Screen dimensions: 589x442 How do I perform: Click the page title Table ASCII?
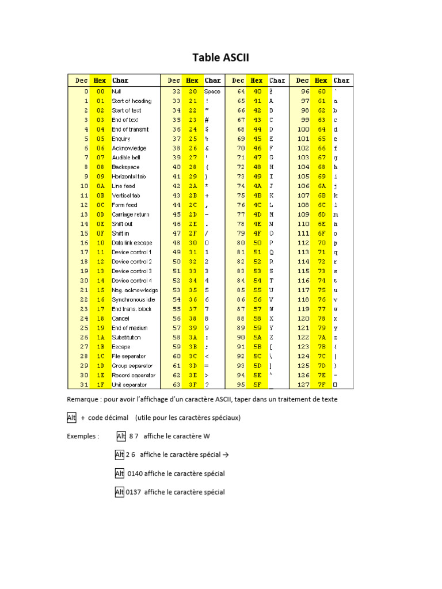pyautogui.click(x=220, y=58)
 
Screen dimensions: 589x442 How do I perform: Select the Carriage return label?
pyautogui.click(x=130, y=215)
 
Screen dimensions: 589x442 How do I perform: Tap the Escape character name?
pyautogui.click(x=121, y=347)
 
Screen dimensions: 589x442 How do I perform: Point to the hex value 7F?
pyautogui.click(x=321, y=385)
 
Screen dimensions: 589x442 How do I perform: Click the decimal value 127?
pyautogui.click(x=303, y=385)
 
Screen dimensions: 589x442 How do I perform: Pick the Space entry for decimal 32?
pyautogui.click(x=212, y=91)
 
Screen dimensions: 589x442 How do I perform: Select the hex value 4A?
pyautogui.click(x=257, y=186)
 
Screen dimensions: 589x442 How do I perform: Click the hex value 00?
pyautogui.click(x=100, y=91)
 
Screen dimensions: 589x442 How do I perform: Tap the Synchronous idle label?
pyautogui.click(x=133, y=300)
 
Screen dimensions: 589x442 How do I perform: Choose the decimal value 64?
pyautogui.click(x=241, y=91)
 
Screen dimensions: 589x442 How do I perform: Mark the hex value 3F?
pyautogui.click(x=192, y=385)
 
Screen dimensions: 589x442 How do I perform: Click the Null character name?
pyautogui.click(x=116, y=91)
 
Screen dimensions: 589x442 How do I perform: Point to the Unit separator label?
pyautogui.click(x=129, y=385)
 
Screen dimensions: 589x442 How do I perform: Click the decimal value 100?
pyautogui.click(x=303, y=129)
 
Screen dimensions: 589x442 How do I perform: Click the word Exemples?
pyautogui.click(x=83, y=436)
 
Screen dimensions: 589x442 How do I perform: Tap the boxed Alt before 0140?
pyautogui.click(x=120, y=473)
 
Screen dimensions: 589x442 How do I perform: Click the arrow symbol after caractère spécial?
pyautogui.click(x=225, y=455)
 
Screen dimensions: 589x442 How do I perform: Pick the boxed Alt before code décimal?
pyautogui.click(x=71, y=418)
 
